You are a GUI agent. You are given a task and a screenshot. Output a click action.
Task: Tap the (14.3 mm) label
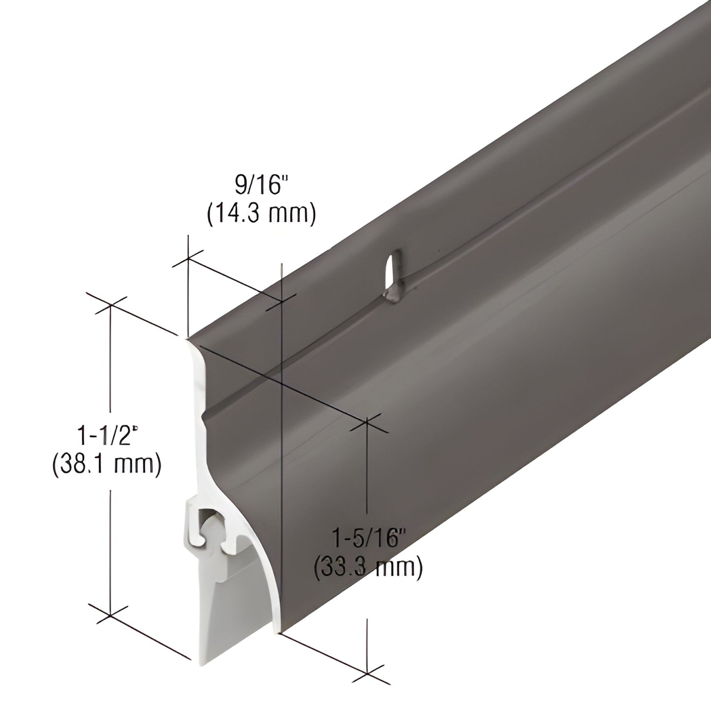[261, 215]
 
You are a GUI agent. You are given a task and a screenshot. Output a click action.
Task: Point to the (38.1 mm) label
[107, 465]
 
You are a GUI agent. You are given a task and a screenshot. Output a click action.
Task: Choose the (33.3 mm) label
[368, 567]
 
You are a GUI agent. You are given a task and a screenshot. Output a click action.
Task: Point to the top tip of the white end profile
[187, 339]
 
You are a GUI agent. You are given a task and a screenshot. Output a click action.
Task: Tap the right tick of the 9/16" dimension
[281, 301]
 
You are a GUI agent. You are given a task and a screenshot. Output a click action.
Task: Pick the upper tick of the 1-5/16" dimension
[367, 423]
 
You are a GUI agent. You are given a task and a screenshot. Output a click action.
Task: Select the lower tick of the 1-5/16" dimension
[367, 673]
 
